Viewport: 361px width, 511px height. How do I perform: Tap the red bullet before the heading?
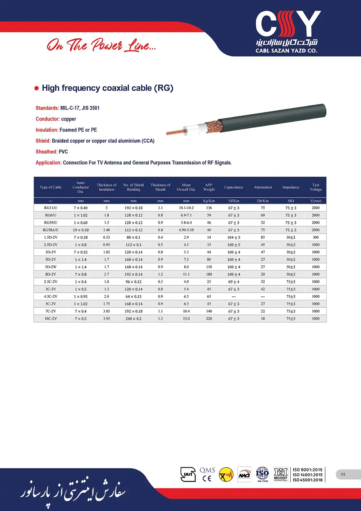click(x=37, y=88)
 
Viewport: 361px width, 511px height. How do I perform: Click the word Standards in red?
click(x=47, y=108)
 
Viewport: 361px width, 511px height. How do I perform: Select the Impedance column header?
click(x=291, y=187)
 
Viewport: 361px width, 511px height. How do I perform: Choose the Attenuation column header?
click(x=263, y=187)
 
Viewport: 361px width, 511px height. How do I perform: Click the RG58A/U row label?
click(x=51, y=230)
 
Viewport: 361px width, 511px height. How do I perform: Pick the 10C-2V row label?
click(x=51, y=319)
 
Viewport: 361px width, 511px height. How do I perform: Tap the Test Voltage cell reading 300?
click(x=316, y=237)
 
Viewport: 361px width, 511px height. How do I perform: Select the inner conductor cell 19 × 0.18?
click(x=81, y=230)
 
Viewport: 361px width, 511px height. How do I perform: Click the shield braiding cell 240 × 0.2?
click(x=133, y=319)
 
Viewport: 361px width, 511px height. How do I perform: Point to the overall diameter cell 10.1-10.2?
click(x=186, y=208)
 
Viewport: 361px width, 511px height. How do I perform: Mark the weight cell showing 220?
click(x=209, y=319)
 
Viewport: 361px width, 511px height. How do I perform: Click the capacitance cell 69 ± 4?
click(x=234, y=282)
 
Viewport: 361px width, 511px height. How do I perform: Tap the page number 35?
click(x=343, y=474)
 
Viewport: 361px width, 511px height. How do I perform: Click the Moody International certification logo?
click(x=280, y=474)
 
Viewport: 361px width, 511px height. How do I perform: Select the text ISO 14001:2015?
click(x=307, y=475)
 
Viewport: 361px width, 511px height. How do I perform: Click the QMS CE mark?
click(x=207, y=474)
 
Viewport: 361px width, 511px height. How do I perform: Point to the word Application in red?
click(x=48, y=163)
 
